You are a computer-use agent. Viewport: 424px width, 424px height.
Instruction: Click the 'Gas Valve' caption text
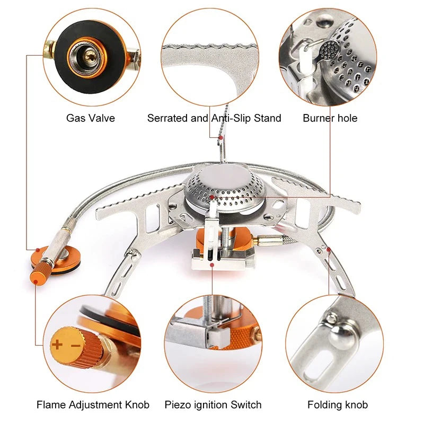click(x=90, y=118)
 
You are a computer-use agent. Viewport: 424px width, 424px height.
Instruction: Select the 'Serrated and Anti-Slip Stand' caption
click(x=214, y=118)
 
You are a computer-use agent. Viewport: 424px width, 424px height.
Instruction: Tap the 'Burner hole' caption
click(x=330, y=118)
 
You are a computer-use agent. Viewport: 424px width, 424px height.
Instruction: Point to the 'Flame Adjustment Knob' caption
click(x=93, y=405)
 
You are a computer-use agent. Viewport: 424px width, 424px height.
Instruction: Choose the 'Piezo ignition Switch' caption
click(x=213, y=405)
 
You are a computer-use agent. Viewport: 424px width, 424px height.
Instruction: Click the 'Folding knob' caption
click(x=337, y=405)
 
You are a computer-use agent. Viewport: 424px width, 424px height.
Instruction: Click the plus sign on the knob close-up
click(x=57, y=345)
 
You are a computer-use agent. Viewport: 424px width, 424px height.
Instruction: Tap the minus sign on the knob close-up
click(x=75, y=345)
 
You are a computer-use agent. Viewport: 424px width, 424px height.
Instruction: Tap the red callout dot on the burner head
click(x=211, y=198)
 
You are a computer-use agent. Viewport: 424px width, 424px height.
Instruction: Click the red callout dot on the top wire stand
click(x=220, y=137)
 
